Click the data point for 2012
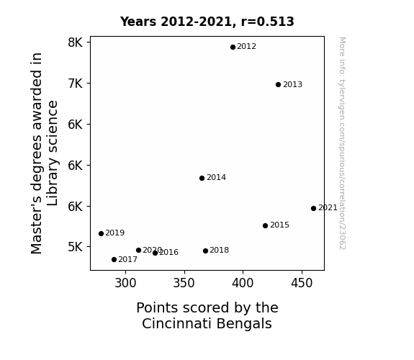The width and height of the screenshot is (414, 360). [x=233, y=48]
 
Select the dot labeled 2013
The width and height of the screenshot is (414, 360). [x=278, y=84]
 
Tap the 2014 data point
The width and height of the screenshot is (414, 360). [x=202, y=179]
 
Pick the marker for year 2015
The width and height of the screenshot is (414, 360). [x=265, y=225]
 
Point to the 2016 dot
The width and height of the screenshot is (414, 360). [x=155, y=253]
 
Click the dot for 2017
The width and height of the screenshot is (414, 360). [x=114, y=260]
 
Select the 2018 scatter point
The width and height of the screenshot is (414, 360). [x=205, y=251]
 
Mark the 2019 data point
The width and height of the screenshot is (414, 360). [x=101, y=233]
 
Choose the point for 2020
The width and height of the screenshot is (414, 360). [x=138, y=250]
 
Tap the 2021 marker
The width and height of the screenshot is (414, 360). [x=313, y=208]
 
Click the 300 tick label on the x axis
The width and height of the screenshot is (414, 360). [x=125, y=283]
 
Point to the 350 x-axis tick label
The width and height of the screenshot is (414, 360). [x=184, y=283]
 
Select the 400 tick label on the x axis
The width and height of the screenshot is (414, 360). [x=243, y=283]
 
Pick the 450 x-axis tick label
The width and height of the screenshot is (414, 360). [x=302, y=283]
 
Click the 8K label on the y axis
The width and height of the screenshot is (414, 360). [x=76, y=42]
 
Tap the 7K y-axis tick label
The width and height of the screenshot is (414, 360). [x=76, y=84]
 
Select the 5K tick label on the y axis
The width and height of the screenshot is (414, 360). [x=76, y=247]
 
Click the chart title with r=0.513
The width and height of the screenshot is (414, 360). [x=207, y=22]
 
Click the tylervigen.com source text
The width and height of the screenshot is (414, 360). [x=342, y=143]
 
